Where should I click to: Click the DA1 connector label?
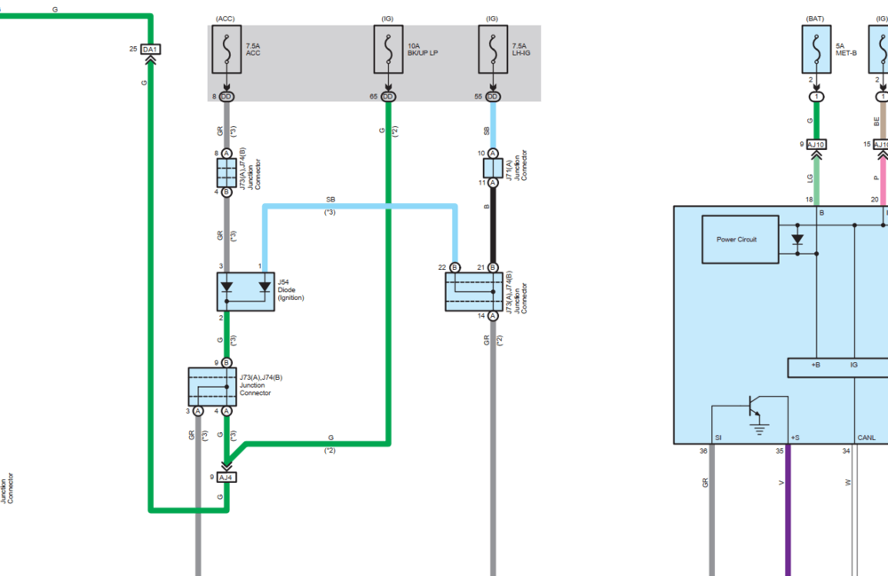[x=151, y=48]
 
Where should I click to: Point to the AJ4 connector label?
[x=226, y=477]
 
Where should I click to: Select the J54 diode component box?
[x=247, y=291]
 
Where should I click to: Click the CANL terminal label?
[x=867, y=438]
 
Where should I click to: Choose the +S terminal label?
[x=795, y=438]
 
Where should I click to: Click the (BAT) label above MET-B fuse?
[x=816, y=19]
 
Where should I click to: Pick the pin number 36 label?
[x=703, y=450]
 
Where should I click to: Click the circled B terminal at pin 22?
[x=455, y=267]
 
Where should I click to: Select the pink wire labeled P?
[x=883, y=178]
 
